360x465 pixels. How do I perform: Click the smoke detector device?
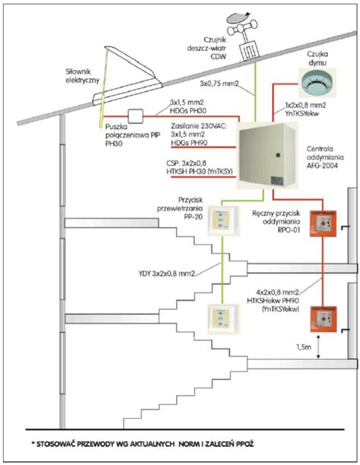317,83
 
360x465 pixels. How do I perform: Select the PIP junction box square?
135,115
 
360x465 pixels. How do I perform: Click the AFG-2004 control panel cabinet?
267,156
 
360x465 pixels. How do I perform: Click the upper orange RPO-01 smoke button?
324,223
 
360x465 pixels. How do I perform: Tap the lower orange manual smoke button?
324,319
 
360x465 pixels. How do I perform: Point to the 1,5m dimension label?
304,346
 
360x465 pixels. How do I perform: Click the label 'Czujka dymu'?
317,58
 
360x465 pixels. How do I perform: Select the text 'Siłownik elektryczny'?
82,76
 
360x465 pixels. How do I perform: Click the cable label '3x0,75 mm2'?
219,84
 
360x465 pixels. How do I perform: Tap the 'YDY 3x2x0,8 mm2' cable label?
166,274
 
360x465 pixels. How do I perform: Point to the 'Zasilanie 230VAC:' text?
199,125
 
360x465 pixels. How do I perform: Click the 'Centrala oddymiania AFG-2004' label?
323,157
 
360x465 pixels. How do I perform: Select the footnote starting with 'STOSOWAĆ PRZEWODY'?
143,444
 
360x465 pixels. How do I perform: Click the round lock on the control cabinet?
278,155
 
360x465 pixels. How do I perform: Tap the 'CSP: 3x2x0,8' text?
186,163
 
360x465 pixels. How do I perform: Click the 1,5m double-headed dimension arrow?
318,346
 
